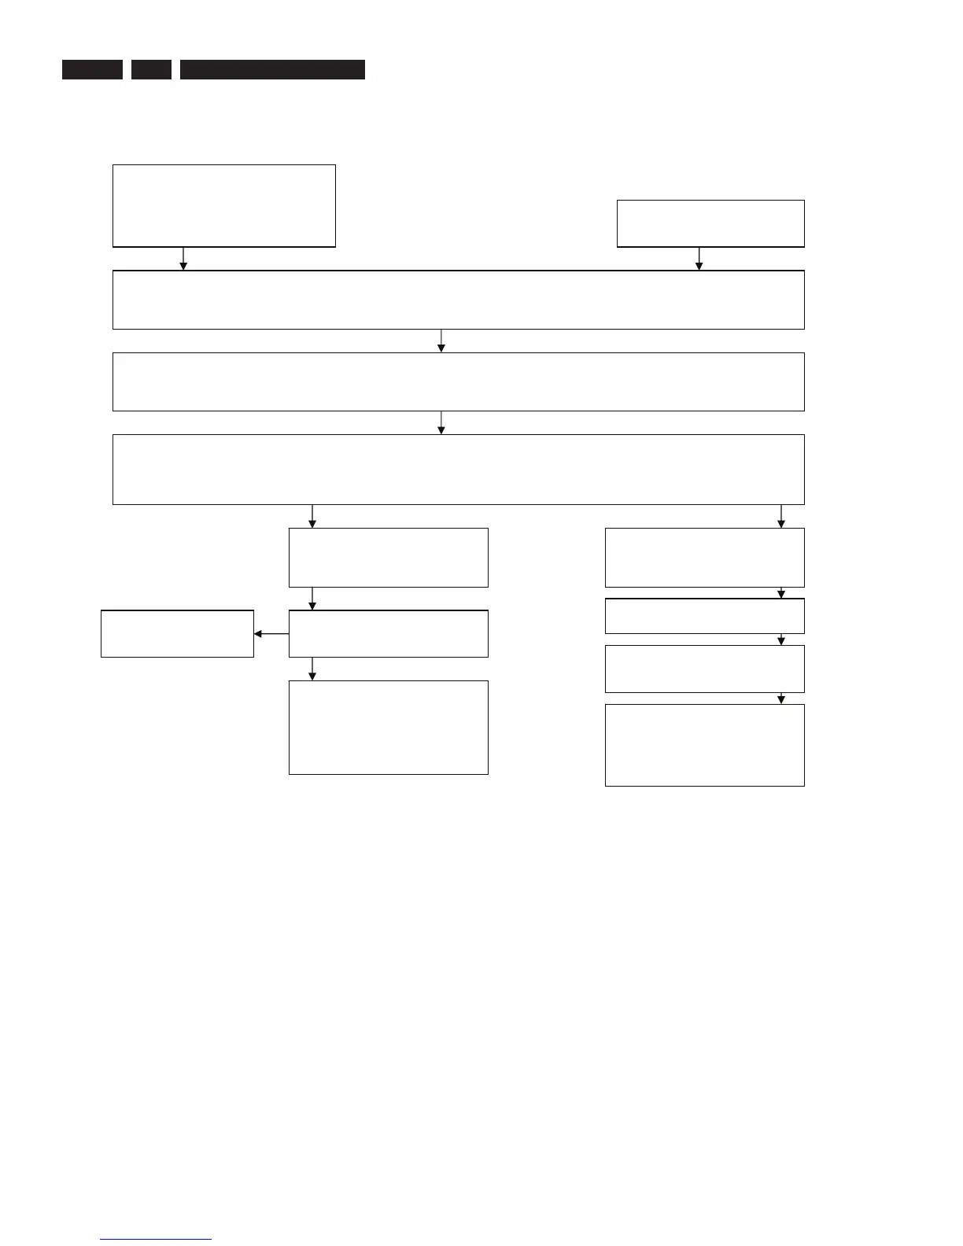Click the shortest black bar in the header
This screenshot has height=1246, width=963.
tap(151, 69)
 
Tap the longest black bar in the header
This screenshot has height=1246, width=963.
tap(272, 69)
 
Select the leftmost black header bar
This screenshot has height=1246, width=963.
tap(92, 69)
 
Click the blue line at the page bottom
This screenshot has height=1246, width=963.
tap(156, 1239)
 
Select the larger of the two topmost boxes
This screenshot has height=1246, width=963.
tap(224, 206)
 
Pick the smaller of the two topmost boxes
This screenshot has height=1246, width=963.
tap(710, 223)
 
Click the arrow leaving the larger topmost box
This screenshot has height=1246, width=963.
tap(183, 260)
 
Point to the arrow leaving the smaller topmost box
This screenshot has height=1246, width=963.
tap(699, 260)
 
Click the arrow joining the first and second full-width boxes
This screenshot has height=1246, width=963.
tap(441, 341)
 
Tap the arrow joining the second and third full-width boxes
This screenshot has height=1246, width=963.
tap(441, 423)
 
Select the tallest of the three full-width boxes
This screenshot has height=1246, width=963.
tap(458, 469)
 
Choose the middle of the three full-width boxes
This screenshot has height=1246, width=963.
tap(458, 382)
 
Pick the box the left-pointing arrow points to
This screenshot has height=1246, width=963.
tap(177, 633)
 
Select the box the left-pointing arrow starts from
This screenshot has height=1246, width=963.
tap(388, 633)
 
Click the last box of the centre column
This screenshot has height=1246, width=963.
tap(388, 728)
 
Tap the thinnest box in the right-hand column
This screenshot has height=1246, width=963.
tap(704, 616)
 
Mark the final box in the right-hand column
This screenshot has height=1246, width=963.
tap(704, 745)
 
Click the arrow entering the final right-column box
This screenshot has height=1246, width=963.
tap(781, 699)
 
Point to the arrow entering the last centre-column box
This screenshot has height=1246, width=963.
tap(312, 669)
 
